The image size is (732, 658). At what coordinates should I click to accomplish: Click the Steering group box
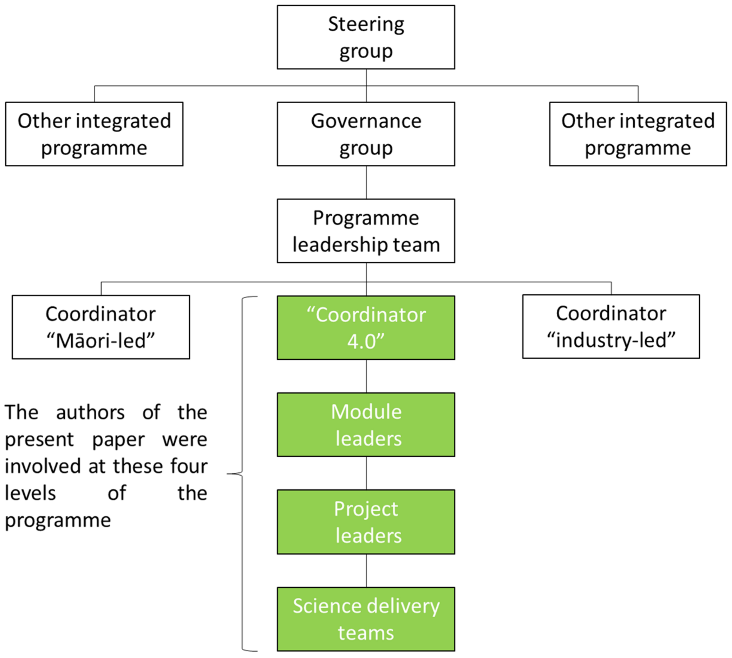click(366, 37)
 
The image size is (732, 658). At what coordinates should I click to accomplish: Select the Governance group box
click(366, 134)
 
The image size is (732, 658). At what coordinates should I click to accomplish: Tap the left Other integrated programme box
click(94, 134)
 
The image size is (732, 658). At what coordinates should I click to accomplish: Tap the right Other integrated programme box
click(638, 134)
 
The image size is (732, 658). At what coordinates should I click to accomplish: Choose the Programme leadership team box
click(366, 231)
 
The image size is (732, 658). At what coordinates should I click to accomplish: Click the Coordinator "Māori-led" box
click(101, 327)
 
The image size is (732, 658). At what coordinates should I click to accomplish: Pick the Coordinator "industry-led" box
click(611, 327)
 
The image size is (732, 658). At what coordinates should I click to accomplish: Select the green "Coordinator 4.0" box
click(366, 327)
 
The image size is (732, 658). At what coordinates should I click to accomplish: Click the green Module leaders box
click(366, 424)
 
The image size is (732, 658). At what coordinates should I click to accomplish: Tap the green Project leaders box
click(366, 522)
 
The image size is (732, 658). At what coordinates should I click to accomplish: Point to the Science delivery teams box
click(366, 619)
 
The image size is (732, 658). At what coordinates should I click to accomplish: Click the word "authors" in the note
click(90, 413)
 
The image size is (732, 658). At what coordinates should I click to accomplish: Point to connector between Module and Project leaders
click(366, 473)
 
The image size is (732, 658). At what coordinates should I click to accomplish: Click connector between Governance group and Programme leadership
click(366, 182)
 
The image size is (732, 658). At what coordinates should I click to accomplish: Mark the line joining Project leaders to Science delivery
click(366, 570)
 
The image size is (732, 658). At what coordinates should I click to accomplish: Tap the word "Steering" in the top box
click(366, 24)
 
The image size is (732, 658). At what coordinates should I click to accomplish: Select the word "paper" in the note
click(118, 440)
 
